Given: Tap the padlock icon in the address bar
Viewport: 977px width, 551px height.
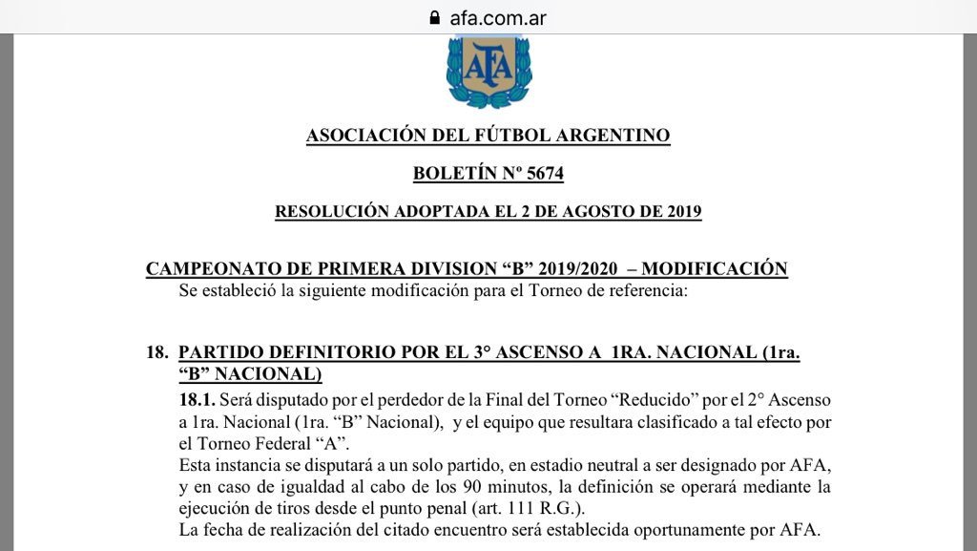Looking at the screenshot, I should pyautogui.click(x=435, y=17).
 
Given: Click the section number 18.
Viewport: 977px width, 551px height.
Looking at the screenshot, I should pyautogui.click(x=156, y=351).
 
